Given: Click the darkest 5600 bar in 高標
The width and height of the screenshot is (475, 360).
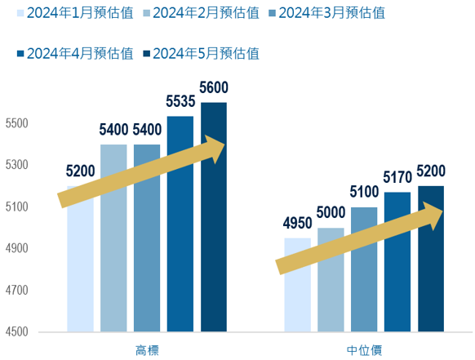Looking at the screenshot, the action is click(x=214, y=217).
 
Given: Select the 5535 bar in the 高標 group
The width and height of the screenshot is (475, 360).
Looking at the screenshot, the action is click(x=180, y=224).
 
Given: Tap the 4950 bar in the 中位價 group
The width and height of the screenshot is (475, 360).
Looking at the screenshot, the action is click(x=297, y=285).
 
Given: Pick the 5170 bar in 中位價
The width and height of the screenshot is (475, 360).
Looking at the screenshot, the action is click(x=397, y=262).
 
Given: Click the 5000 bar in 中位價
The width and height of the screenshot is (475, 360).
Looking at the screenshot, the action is click(x=331, y=280).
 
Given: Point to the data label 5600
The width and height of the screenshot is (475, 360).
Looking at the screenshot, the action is click(x=214, y=87).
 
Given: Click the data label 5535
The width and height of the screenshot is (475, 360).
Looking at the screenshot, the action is click(x=180, y=101).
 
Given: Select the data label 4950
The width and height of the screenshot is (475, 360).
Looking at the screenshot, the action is click(x=297, y=224).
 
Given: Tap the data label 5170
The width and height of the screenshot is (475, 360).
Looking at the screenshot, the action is click(x=397, y=177).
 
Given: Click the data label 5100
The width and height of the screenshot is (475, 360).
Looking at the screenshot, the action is click(x=364, y=192).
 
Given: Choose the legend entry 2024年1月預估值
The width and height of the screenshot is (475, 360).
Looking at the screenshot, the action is click(x=75, y=13).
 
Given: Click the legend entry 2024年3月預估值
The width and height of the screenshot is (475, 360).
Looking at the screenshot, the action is click(x=326, y=13).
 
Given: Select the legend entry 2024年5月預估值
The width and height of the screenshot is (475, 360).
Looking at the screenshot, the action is click(x=201, y=54).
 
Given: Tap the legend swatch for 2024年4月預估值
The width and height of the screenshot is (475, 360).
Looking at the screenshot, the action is click(x=20, y=54).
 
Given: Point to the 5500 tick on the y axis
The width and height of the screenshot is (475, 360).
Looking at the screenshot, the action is click(x=16, y=123).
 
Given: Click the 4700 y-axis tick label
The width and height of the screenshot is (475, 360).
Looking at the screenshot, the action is click(x=16, y=291).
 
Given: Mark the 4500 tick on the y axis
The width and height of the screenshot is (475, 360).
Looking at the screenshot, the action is click(x=16, y=331).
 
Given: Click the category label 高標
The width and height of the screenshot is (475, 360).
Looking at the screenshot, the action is click(x=147, y=350).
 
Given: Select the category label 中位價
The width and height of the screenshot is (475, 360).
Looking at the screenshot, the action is click(x=364, y=350).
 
